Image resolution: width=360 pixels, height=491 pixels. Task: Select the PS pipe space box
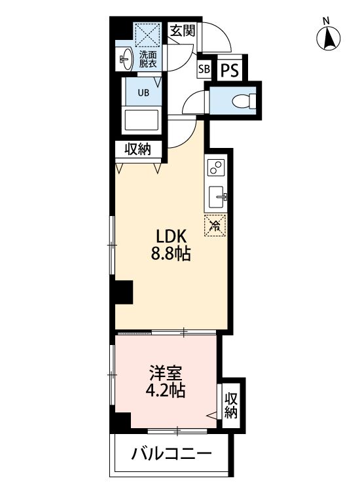[x=228, y=70]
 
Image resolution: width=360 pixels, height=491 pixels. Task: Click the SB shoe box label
[x=204, y=70]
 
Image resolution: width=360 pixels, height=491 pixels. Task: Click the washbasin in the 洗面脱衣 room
[x=124, y=60]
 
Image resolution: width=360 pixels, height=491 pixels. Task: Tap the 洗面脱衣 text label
[x=147, y=60]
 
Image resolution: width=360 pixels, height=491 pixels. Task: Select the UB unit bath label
[x=143, y=92]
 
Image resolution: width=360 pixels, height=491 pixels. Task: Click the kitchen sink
[x=217, y=194]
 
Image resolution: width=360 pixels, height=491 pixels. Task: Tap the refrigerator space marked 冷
[x=215, y=226]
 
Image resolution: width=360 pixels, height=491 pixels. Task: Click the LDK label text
[x=171, y=236]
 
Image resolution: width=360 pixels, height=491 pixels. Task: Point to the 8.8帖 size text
[x=171, y=254]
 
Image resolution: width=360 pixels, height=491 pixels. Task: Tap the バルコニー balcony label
[x=170, y=453]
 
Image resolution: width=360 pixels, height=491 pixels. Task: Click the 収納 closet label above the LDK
[x=138, y=150]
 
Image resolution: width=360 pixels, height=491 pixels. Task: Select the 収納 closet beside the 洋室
[x=231, y=406]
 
